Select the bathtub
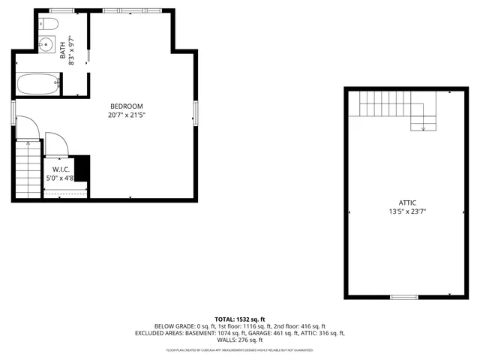(37, 84)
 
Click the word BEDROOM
(126, 106)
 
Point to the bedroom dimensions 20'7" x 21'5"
(126, 115)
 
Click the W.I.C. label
(61, 169)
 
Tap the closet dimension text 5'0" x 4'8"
(61, 178)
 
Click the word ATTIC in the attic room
(407, 202)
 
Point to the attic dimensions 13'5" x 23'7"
(407, 212)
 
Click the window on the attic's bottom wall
(403, 297)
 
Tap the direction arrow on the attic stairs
(424, 127)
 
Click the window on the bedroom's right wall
(196, 112)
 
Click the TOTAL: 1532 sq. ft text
(239, 319)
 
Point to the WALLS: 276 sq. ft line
(239, 340)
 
